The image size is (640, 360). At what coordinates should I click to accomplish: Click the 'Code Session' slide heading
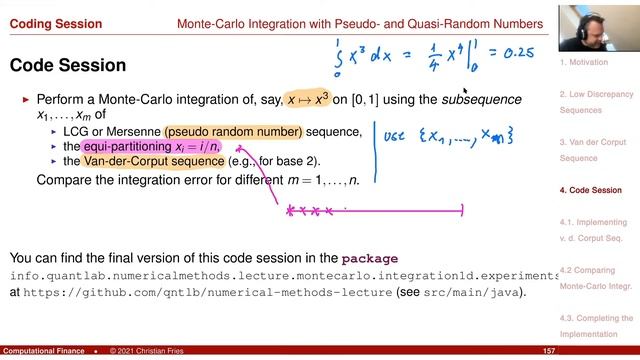click(67, 66)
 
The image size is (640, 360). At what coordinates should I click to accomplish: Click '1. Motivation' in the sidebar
click(583, 62)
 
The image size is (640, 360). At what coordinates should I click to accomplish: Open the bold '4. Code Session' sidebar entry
click(591, 190)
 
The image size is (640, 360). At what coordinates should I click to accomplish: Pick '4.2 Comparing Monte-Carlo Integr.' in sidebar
click(596, 278)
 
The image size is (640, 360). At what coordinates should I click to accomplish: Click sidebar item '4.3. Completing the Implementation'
click(596, 326)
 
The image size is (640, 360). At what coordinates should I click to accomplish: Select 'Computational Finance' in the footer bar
click(43, 352)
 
